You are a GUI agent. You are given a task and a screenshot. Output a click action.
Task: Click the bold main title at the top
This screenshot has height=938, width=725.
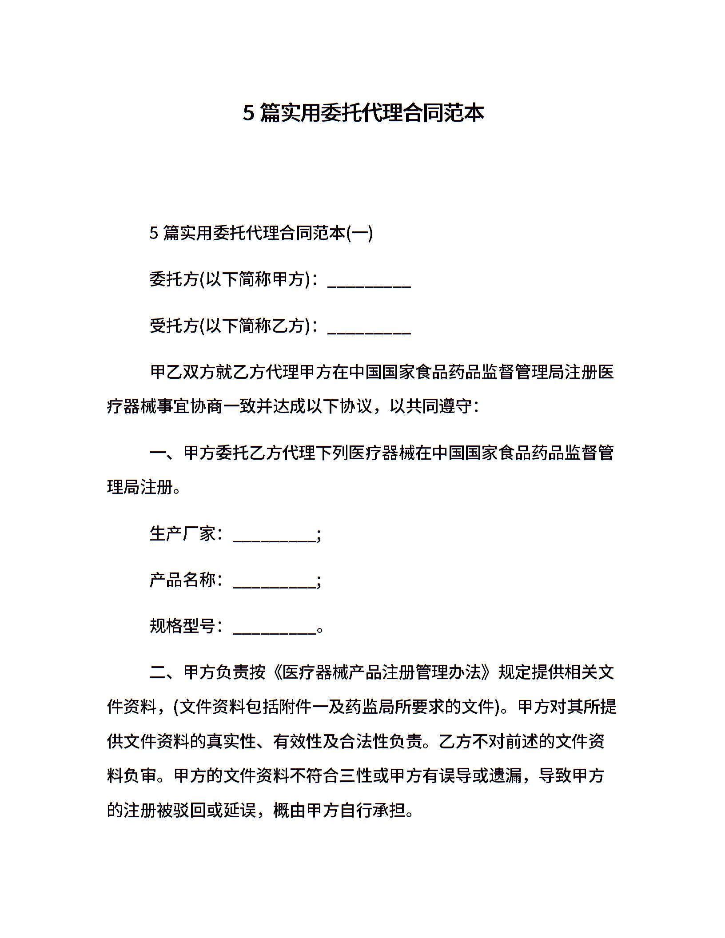[363, 113]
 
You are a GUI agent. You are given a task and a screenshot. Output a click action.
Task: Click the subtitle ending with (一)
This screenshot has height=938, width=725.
[261, 233]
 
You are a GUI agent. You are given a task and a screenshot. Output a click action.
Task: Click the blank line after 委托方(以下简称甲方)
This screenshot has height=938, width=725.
[369, 282]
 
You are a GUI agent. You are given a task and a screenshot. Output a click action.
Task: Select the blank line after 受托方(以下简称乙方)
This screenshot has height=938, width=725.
[369, 328]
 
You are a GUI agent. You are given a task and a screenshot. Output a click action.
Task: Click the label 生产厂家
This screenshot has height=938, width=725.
[183, 533]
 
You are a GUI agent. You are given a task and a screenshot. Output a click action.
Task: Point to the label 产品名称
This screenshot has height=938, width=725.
[183, 580]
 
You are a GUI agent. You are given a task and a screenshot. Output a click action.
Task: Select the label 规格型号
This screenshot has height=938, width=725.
[183, 626]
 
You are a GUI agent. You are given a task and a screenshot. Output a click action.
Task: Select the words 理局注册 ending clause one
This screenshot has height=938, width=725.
[139, 487]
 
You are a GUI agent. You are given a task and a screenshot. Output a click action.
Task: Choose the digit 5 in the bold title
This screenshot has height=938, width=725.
[248, 114]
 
